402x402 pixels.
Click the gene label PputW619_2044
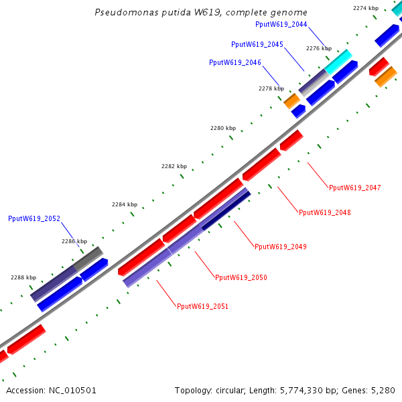[x=281, y=24]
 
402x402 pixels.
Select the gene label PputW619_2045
[x=257, y=44]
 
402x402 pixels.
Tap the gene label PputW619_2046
[x=235, y=62]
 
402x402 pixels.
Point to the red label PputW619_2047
[x=355, y=188]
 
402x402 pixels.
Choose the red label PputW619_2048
[x=325, y=212]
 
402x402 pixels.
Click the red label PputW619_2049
[x=281, y=247]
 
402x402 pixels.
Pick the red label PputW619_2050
[x=241, y=277]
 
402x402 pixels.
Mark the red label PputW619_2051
[x=202, y=306]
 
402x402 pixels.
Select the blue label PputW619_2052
[x=34, y=218]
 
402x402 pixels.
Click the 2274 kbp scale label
[x=366, y=8]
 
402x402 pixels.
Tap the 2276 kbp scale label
[x=319, y=48]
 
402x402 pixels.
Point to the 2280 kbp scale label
[x=223, y=128]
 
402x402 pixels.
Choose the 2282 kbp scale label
[x=174, y=166]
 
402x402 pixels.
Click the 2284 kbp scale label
[x=125, y=204]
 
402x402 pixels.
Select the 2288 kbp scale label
[x=23, y=277]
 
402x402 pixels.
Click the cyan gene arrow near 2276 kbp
[x=338, y=62]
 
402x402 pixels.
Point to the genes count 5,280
[x=383, y=390]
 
